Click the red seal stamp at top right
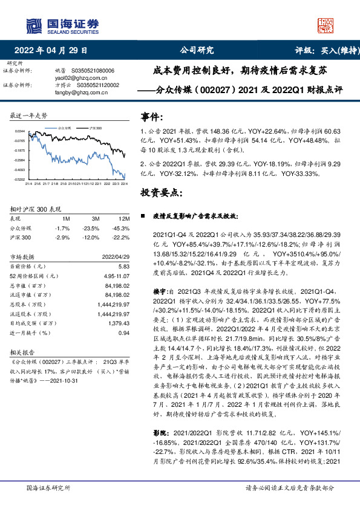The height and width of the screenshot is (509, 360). point(325,25)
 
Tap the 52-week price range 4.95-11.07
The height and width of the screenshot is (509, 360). point(117,276)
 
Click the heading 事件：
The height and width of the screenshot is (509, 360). point(152,116)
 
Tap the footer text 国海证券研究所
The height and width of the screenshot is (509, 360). point(48,488)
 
